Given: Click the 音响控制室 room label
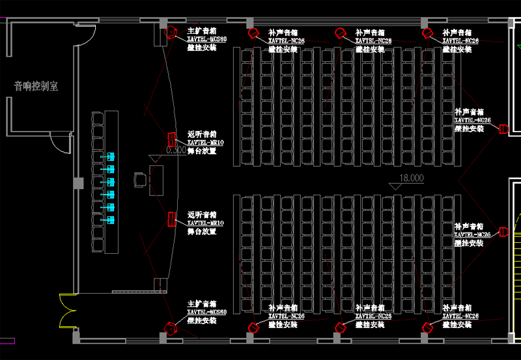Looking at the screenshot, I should (x=36, y=86).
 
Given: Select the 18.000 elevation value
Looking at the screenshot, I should (x=412, y=178).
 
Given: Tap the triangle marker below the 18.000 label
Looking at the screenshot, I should (x=395, y=186).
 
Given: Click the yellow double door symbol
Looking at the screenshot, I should (x=67, y=310).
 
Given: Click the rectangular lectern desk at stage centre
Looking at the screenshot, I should (x=156, y=180).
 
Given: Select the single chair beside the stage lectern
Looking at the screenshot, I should (x=139, y=180).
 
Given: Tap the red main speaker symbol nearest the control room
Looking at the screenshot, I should (x=171, y=32).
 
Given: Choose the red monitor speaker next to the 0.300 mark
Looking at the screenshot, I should (x=173, y=139).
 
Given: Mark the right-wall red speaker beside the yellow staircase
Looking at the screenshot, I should (x=503, y=232).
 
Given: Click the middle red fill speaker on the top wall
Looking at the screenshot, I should (x=340, y=33).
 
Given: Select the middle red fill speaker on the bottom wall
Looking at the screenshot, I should (x=339, y=327).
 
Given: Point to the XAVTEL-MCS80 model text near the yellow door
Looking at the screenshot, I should (x=207, y=312).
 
